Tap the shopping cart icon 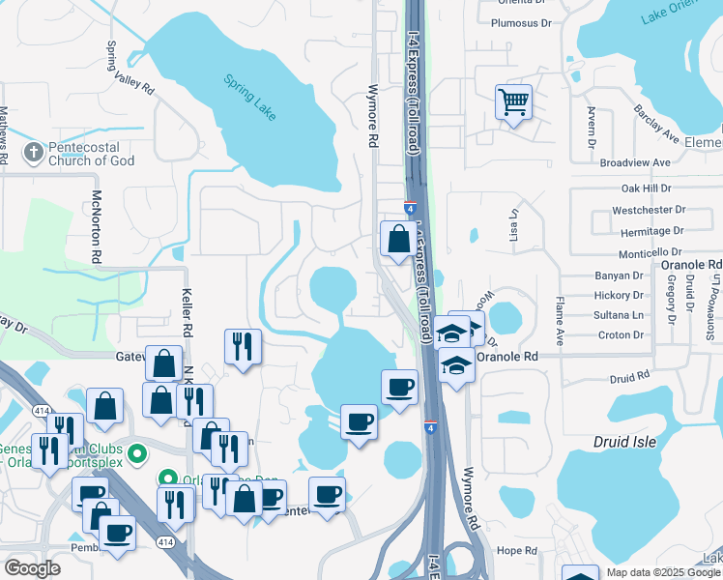click(513, 101)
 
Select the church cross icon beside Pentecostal click(34, 152)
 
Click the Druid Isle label click(624, 442)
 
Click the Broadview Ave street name click(635, 163)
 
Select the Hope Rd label click(516, 550)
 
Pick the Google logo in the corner click(32, 568)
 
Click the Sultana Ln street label click(619, 315)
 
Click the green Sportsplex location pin click(138, 451)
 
